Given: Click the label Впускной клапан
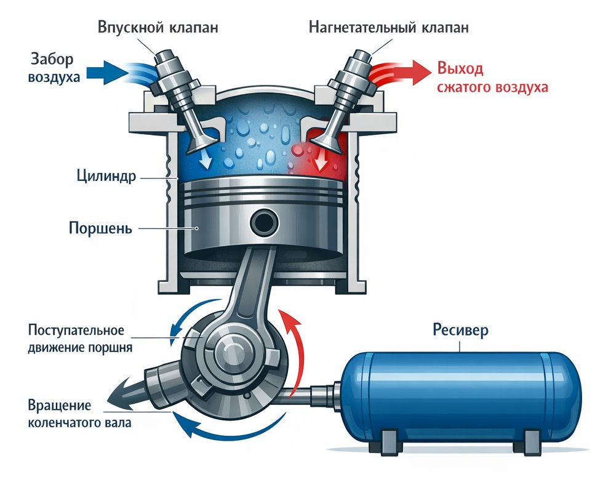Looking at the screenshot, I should coord(157,28).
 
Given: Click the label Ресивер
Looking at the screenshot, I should coord(460,330).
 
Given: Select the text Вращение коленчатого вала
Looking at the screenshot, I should coord(79,414).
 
